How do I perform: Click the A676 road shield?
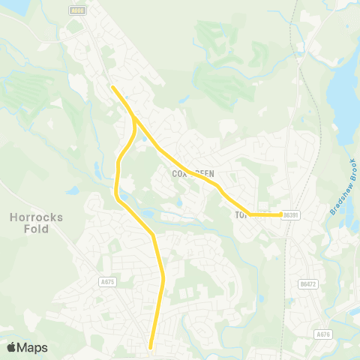pyautogui.click(x=323, y=334)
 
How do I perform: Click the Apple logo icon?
pyautogui.click(x=12, y=347)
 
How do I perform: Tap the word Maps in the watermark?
pyautogui.click(x=33, y=347)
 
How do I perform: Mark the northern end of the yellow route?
pyautogui.click(x=112, y=88)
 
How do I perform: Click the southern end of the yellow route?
pyautogui.click(x=151, y=346)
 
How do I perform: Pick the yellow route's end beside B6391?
pyautogui.click(x=280, y=214)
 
